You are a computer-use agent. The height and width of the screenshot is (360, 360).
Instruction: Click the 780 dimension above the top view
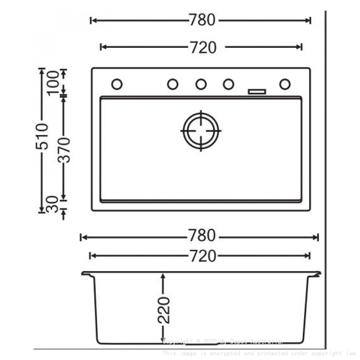click(202, 20)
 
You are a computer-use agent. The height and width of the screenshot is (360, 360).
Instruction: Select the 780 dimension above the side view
click(202, 235)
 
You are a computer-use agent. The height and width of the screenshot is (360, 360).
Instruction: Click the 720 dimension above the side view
click(202, 256)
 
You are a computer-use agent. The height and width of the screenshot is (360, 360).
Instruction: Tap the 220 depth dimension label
click(164, 310)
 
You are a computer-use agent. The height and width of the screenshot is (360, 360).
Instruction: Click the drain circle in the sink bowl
click(201, 130)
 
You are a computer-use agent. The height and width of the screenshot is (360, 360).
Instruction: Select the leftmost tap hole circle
click(117, 84)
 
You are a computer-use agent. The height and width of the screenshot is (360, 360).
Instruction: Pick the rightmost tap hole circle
click(285, 84)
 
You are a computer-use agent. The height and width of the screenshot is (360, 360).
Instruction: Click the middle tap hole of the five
click(201, 84)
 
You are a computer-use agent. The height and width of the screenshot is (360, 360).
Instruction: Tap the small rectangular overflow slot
click(257, 91)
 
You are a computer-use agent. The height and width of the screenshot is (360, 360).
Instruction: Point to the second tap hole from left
click(172, 84)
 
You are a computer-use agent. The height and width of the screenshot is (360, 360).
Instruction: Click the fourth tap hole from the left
click(229, 84)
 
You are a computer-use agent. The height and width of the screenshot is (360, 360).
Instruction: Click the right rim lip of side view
click(316, 274)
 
